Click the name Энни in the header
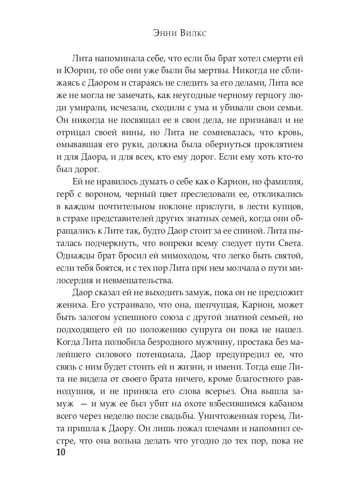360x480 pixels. tap(164, 34)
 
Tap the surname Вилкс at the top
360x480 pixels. tap(195, 34)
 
